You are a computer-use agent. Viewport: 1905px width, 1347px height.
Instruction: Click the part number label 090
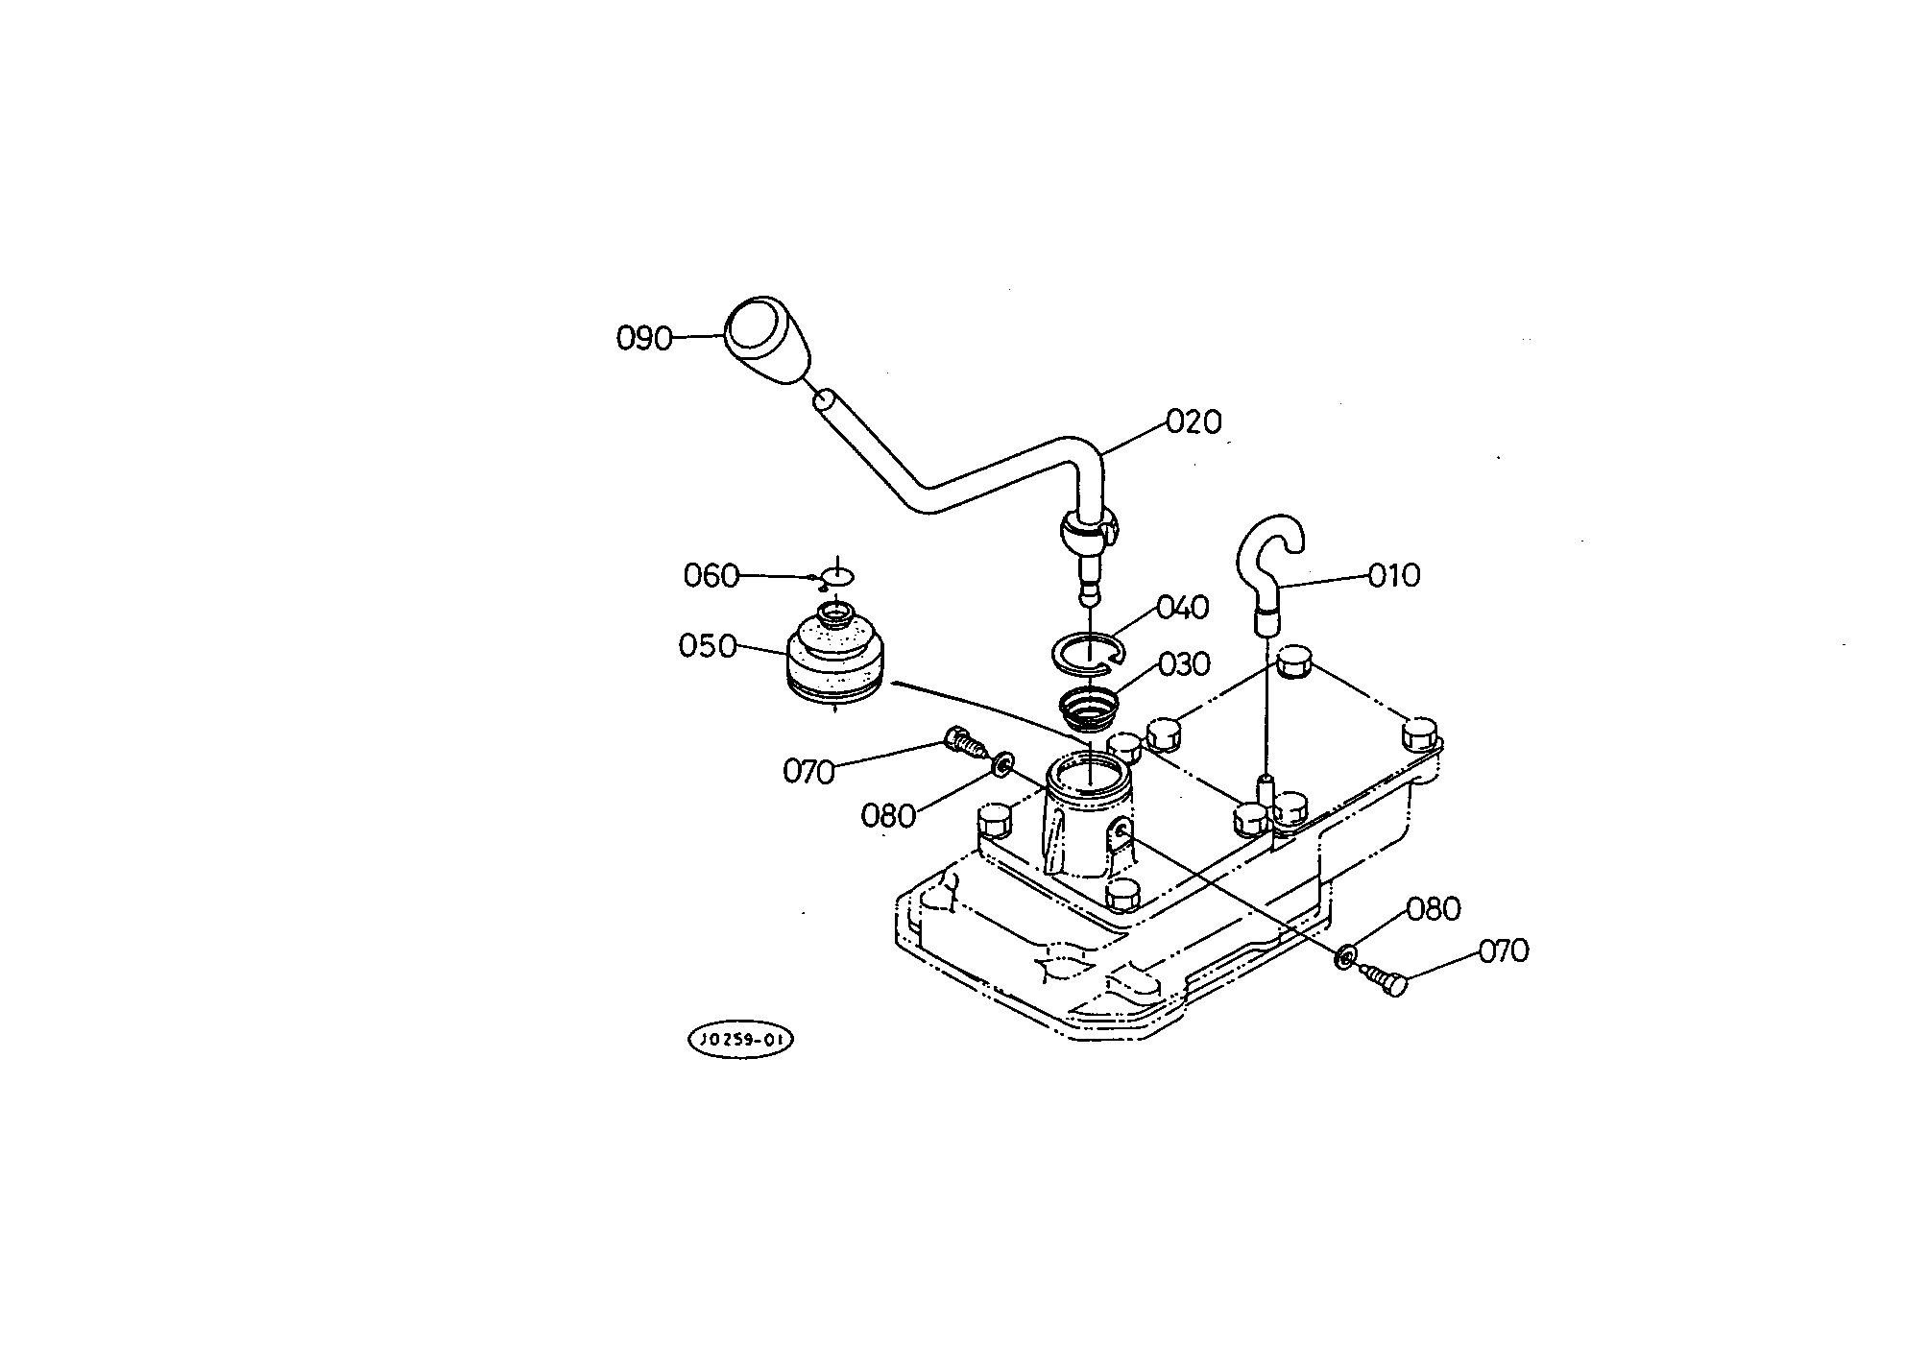click(x=643, y=339)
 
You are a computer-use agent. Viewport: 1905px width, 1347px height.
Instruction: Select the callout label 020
click(x=1194, y=421)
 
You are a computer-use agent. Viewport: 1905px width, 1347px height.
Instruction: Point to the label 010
click(x=1393, y=576)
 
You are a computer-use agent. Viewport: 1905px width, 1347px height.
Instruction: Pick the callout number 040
click(x=1183, y=608)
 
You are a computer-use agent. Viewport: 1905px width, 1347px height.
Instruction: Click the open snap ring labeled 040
click(x=1088, y=653)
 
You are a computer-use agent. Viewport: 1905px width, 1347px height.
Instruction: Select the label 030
click(x=1184, y=664)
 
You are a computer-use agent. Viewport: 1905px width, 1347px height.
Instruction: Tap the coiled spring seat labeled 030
click(x=1088, y=710)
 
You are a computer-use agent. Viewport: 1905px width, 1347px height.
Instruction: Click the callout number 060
click(x=711, y=576)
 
